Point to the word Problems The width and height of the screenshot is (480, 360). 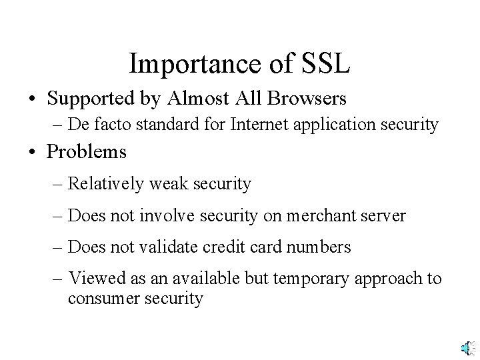pyautogui.click(x=87, y=151)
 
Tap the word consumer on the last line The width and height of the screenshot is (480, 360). pyautogui.click(x=100, y=299)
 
